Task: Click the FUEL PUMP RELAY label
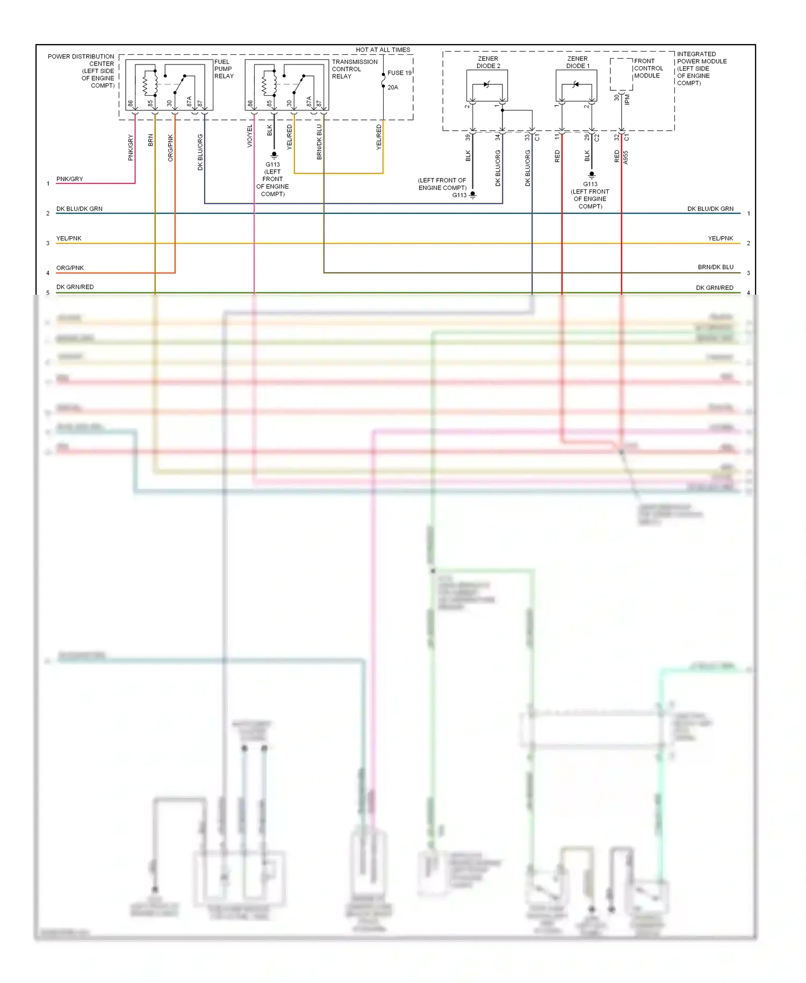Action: [x=224, y=69]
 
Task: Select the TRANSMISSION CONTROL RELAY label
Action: [x=354, y=69]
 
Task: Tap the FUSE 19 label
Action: [x=399, y=73]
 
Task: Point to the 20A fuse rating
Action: [x=393, y=87]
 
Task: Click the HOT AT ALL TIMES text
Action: [x=383, y=49]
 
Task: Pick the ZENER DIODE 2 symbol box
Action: [x=487, y=86]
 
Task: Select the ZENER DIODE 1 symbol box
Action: [x=576, y=86]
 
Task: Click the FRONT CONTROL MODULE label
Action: [x=648, y=68]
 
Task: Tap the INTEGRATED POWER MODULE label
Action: [x=701, y=68]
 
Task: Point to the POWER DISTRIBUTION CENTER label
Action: [x=82, y=70]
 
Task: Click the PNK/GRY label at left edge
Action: [x=70, y=179]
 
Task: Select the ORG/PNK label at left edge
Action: [x=70, y=268]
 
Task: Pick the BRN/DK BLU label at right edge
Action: [x=715, y=267]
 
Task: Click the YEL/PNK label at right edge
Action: [x=720, y=238]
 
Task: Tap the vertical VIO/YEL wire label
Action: [x=250, y=136]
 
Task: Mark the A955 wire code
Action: [x=625, y=158]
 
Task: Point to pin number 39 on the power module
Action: [x=468, y=138]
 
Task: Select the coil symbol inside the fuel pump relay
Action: [x=145, y=83]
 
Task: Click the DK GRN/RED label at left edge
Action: [x=75, y=287]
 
